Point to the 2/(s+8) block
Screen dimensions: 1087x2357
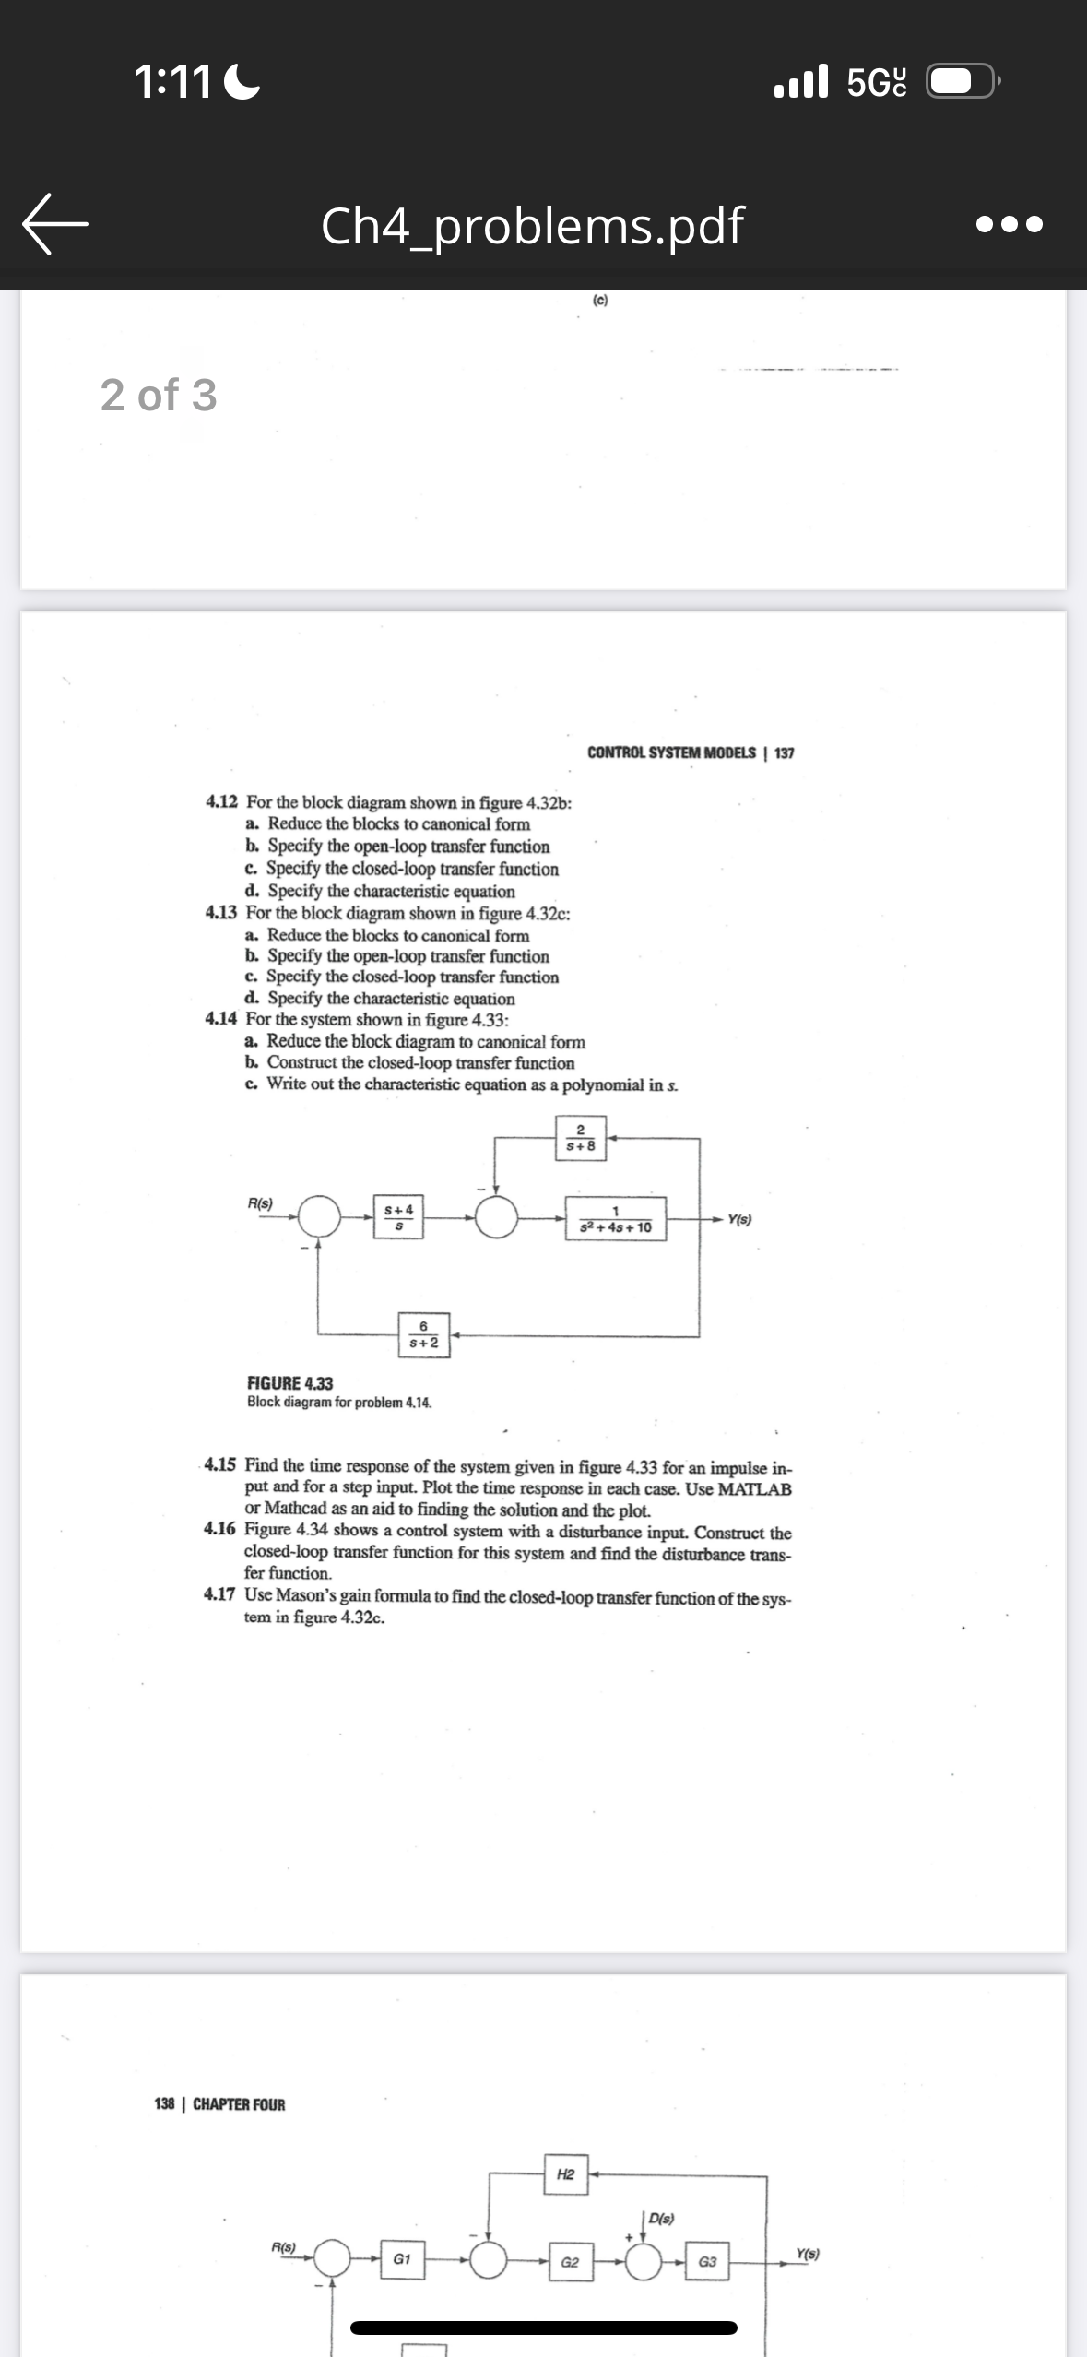tap(580, 1138)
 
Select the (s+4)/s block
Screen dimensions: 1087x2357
tap(398, 1217)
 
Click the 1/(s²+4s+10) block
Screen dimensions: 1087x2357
tap(615, 1219)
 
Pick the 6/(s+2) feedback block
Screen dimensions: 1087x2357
tap(423, 1334)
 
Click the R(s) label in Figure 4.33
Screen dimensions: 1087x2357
tap(260, 1202)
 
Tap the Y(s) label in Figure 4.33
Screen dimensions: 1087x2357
tap(739, 1219)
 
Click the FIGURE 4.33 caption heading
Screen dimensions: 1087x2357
tap(289, 1383)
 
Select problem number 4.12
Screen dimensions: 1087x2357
tap(221, 802)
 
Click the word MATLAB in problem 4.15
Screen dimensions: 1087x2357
tap(754, 1488)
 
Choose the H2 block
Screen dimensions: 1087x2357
tap(565, 2174)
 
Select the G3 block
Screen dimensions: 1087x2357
tap(707, 2262)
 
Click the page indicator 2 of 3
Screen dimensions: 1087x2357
tap(159, 395)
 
